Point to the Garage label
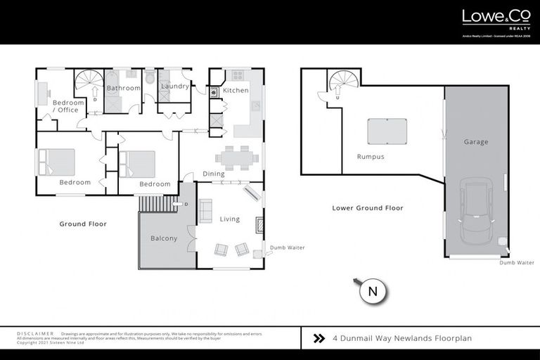[475, 142]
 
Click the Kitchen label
[236, 91]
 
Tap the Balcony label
[164, 238]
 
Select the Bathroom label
[123, 88]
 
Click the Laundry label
[174, 86]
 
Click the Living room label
[230, 219]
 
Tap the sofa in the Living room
[206, 211]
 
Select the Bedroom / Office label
[68, 106]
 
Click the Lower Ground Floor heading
[368, 208]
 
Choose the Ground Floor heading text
[83, 224]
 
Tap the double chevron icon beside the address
[319, 338]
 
